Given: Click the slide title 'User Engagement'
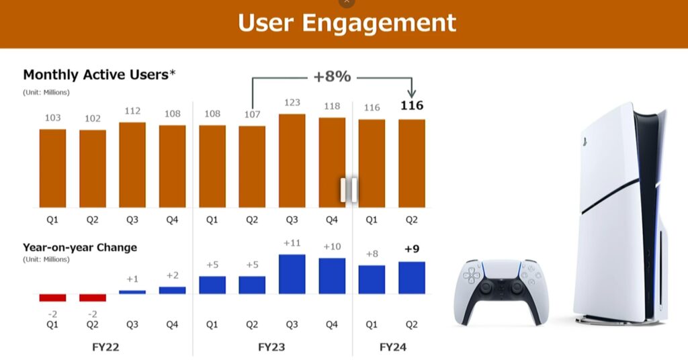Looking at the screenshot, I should (x=347, y=23).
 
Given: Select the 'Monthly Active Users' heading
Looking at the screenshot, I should (x=95, y=75).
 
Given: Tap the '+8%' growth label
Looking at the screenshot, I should (x=332, y=77).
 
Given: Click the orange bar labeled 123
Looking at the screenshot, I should (x=292, y=161).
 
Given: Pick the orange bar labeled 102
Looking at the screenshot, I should (x=92, y=168).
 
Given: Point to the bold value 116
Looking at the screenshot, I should (x=411, y=105).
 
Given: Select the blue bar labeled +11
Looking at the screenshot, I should (x=292, y=274).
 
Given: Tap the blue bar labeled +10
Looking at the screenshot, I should (x=332, y=275).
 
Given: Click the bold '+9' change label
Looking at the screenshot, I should (x=411, y=249).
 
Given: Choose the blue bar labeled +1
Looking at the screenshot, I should (x=132, y=291).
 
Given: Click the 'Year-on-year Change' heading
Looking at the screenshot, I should (x=80, y=247).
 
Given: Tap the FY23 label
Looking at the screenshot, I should (x=272, y=348).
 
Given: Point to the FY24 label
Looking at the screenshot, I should (x=392, y=348).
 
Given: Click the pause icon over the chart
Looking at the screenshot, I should (x=349, y=190).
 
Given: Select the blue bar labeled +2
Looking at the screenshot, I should (x=172, y=290).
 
